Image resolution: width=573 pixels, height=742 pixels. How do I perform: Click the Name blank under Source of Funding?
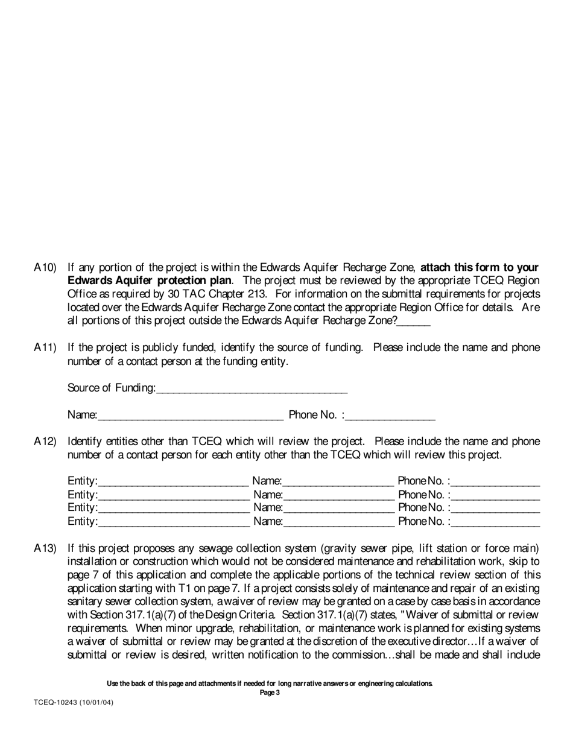point(190,416)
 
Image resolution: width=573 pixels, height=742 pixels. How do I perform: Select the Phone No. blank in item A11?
point(391,416)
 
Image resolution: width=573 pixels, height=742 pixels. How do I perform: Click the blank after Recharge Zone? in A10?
point(414,322)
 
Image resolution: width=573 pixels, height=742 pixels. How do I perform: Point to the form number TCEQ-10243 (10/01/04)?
point(74,703)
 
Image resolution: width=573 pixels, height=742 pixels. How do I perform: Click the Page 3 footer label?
point(270,693)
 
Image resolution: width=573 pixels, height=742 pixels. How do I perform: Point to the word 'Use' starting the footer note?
point(113,683)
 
